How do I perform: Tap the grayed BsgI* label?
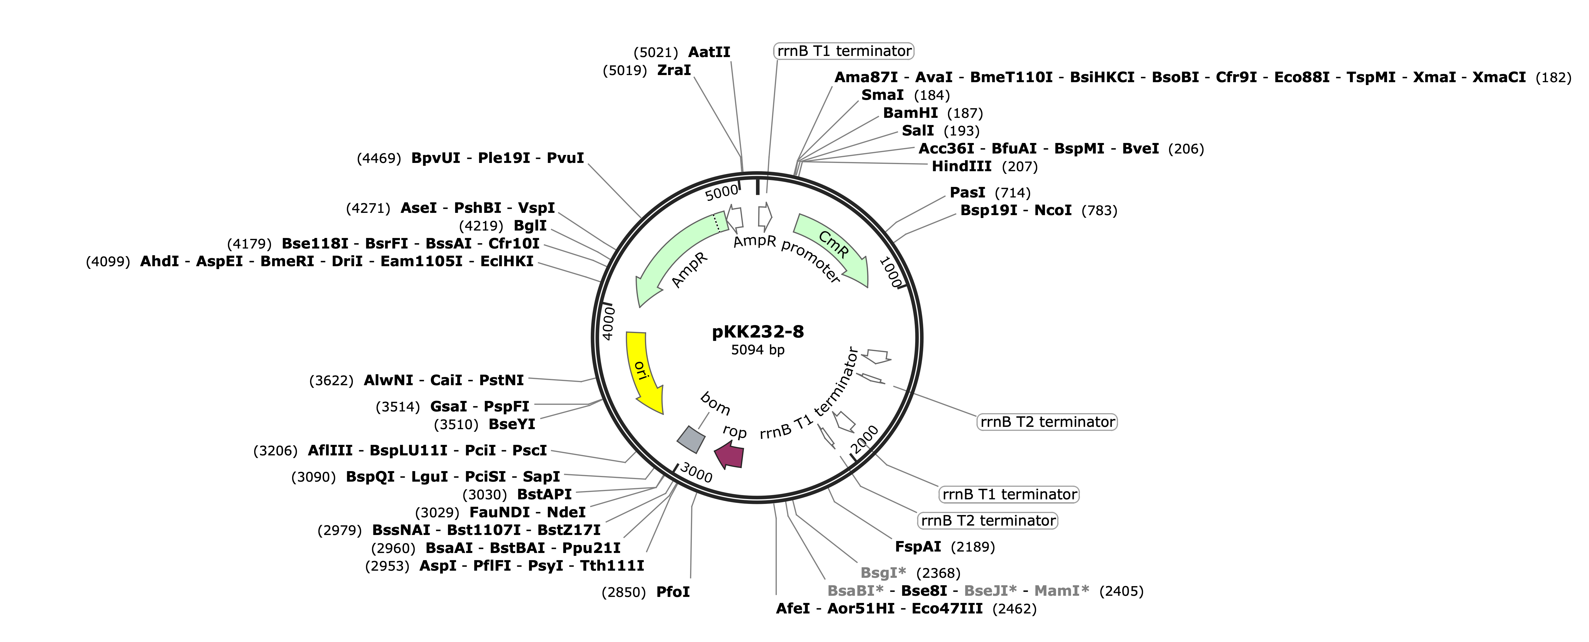tap(883, 573)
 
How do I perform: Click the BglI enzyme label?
tap(530, 226)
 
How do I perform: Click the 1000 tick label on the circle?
tap(890, 272)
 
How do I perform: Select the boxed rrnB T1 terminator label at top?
tap(844, 51)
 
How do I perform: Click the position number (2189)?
tap(973, 547)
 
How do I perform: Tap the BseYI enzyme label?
tap(512, 424)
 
